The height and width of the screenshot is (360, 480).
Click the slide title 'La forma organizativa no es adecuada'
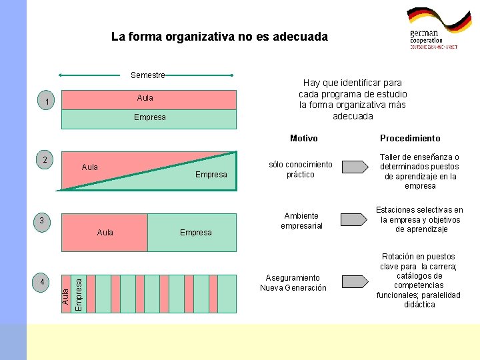(x=219, y=37)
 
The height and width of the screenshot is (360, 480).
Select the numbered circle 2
(x=45, y=159)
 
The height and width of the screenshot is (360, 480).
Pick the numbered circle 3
(x=41, y=221)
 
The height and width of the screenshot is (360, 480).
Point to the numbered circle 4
(x=42, y=283)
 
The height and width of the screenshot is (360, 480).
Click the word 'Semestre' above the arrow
(x=148, y=75)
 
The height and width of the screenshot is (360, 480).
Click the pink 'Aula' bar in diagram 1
(x=149, y=99)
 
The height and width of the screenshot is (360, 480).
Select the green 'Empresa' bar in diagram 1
(x=149, y=118)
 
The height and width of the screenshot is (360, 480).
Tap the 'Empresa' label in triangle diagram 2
(x=211, y=175)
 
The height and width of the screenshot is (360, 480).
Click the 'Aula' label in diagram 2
(x=89, y=167)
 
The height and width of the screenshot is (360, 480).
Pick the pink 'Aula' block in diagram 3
(x=105, y=232)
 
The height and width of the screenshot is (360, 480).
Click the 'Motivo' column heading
(x=304, y=139)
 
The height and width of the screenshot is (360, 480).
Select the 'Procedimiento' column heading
(x=410, y=139)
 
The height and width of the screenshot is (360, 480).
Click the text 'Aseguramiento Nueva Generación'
(x=293, y=283)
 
